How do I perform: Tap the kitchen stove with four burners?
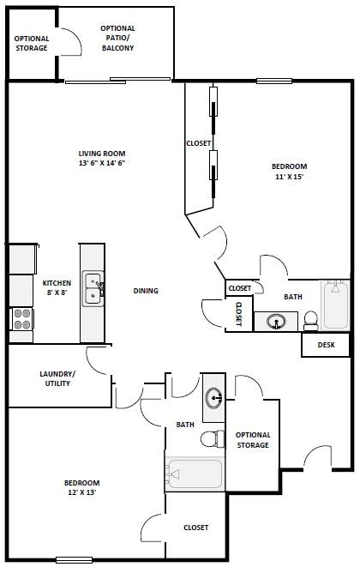pos(21,319)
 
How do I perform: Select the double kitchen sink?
pos(93,289)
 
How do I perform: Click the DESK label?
pos(326,345)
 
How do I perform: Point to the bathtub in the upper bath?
pos(335,305)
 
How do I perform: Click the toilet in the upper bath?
pos(311,321)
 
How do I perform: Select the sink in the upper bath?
pos(276,322)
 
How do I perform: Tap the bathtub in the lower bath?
pos(195,474)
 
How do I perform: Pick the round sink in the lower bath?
pos(213,398)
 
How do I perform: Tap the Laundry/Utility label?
pos(57,378)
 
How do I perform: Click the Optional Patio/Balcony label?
pos(117,39)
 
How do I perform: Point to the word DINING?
pos(146,291)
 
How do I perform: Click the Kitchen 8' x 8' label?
pos(57,287)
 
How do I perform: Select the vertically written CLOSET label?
pos(239,315)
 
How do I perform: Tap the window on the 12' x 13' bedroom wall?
pos(74,560)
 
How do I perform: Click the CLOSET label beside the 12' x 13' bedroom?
pos(195,528)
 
